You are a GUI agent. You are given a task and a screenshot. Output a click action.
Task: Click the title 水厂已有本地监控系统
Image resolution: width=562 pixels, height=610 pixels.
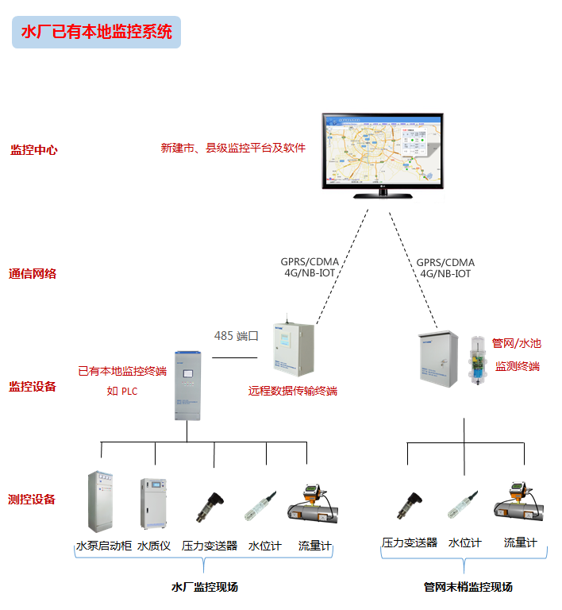coord(95,32)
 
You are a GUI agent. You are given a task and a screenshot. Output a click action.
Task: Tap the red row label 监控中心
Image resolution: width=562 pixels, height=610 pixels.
coord(33,149)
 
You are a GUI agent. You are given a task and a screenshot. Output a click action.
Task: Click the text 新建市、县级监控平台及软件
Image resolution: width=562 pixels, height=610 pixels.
coord(233,148)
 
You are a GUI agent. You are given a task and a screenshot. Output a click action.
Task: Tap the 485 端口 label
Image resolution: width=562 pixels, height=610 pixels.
coord(237,336)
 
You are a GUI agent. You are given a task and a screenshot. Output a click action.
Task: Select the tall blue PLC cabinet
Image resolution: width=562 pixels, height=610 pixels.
coord(188,386)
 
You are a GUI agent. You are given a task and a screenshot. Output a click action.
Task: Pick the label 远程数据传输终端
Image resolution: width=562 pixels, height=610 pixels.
coord(292,391)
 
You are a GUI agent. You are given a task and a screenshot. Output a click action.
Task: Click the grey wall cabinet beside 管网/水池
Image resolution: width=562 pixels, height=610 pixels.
coord(438,360)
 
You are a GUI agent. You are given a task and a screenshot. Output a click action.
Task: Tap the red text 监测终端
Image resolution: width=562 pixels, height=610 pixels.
coord(517,366)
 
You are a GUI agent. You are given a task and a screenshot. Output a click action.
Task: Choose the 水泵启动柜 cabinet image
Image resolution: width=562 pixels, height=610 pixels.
coord(101,501)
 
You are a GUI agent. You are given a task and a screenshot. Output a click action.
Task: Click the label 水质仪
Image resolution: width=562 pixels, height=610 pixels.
coord(153,546)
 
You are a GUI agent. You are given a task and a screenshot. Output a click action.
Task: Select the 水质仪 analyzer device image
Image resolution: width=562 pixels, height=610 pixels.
coord(154,503)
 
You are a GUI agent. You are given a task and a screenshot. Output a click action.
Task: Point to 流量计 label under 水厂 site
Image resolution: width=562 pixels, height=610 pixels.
coord(314,546)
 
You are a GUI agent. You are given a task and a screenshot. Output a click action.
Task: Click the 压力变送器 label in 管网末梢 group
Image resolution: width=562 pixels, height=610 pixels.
coord(409,542)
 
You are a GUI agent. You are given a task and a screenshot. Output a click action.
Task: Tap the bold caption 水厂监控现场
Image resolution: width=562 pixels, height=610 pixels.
coord(204,587)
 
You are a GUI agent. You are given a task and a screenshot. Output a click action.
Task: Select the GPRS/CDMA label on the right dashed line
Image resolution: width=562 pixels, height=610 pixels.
coord(445,262)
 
